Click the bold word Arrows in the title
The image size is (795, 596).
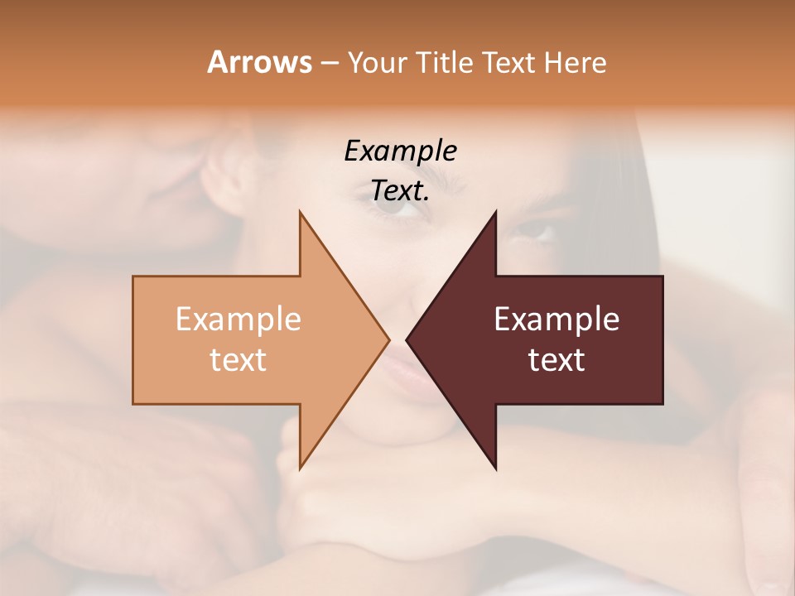click(x=258, y=62)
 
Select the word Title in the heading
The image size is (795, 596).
click(x=446, y=63)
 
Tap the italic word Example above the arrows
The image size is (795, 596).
click(x=401, y=151)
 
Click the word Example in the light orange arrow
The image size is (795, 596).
click(x=238, y=320)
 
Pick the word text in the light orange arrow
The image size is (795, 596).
click(x=238, y=360)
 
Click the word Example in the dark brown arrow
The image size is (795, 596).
click(x=556, y=320)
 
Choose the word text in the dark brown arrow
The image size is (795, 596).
click(x=556, y=360)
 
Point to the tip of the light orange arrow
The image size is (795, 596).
click(x=388, y=339)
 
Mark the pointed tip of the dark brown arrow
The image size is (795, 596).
click(x=407, y=339)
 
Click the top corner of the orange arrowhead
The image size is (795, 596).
click(x=300, y=212)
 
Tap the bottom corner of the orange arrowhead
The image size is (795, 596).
click(x=300, y=469)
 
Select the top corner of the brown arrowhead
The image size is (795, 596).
click(x=495, y=212)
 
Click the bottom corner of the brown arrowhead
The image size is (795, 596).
click(x=495, y=469)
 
